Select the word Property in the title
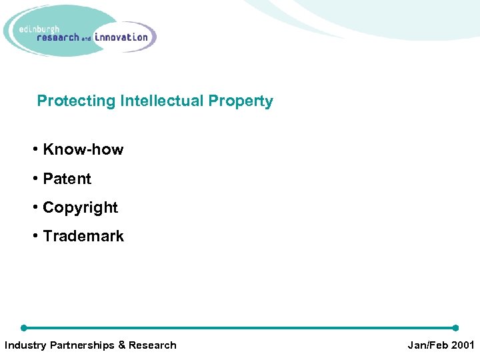coord(241,101)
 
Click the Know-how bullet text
coord(83,149)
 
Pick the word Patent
coord(67,179)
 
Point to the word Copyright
coord(80,207)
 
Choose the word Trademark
coord(83,236)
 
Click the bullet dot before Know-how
coord(35,149)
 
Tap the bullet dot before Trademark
coord(35,236)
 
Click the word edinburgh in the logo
coord(41,29)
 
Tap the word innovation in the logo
coord(121,37)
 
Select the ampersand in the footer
coord(121,345)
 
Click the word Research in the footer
coord(153,345)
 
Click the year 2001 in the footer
coord(462,345)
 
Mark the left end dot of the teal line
coord(23,328)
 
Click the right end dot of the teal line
coord(455,328)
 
